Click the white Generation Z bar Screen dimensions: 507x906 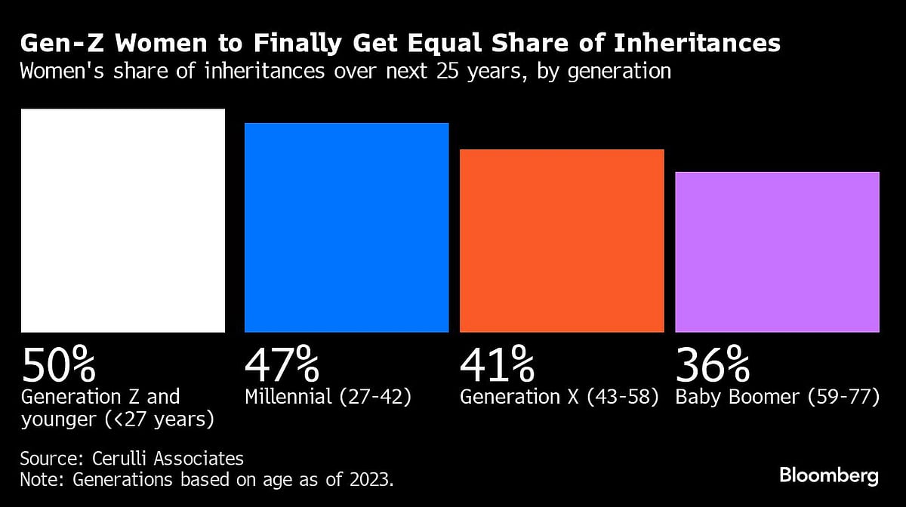[x=123, y=220]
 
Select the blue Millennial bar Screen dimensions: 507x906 [x=347, y=227]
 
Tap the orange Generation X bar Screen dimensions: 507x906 [x=562, y=241]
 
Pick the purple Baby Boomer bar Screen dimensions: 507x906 [x=777, y=252]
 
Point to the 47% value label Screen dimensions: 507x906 [x=282, y=365]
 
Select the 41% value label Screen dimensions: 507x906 [x=496, y=365]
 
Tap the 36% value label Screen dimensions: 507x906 [x=712, y=365]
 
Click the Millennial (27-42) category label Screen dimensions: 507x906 [x=328, y=397]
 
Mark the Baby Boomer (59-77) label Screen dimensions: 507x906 [x=777, y=397]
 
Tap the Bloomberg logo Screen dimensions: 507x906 [x=829, y=475]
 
